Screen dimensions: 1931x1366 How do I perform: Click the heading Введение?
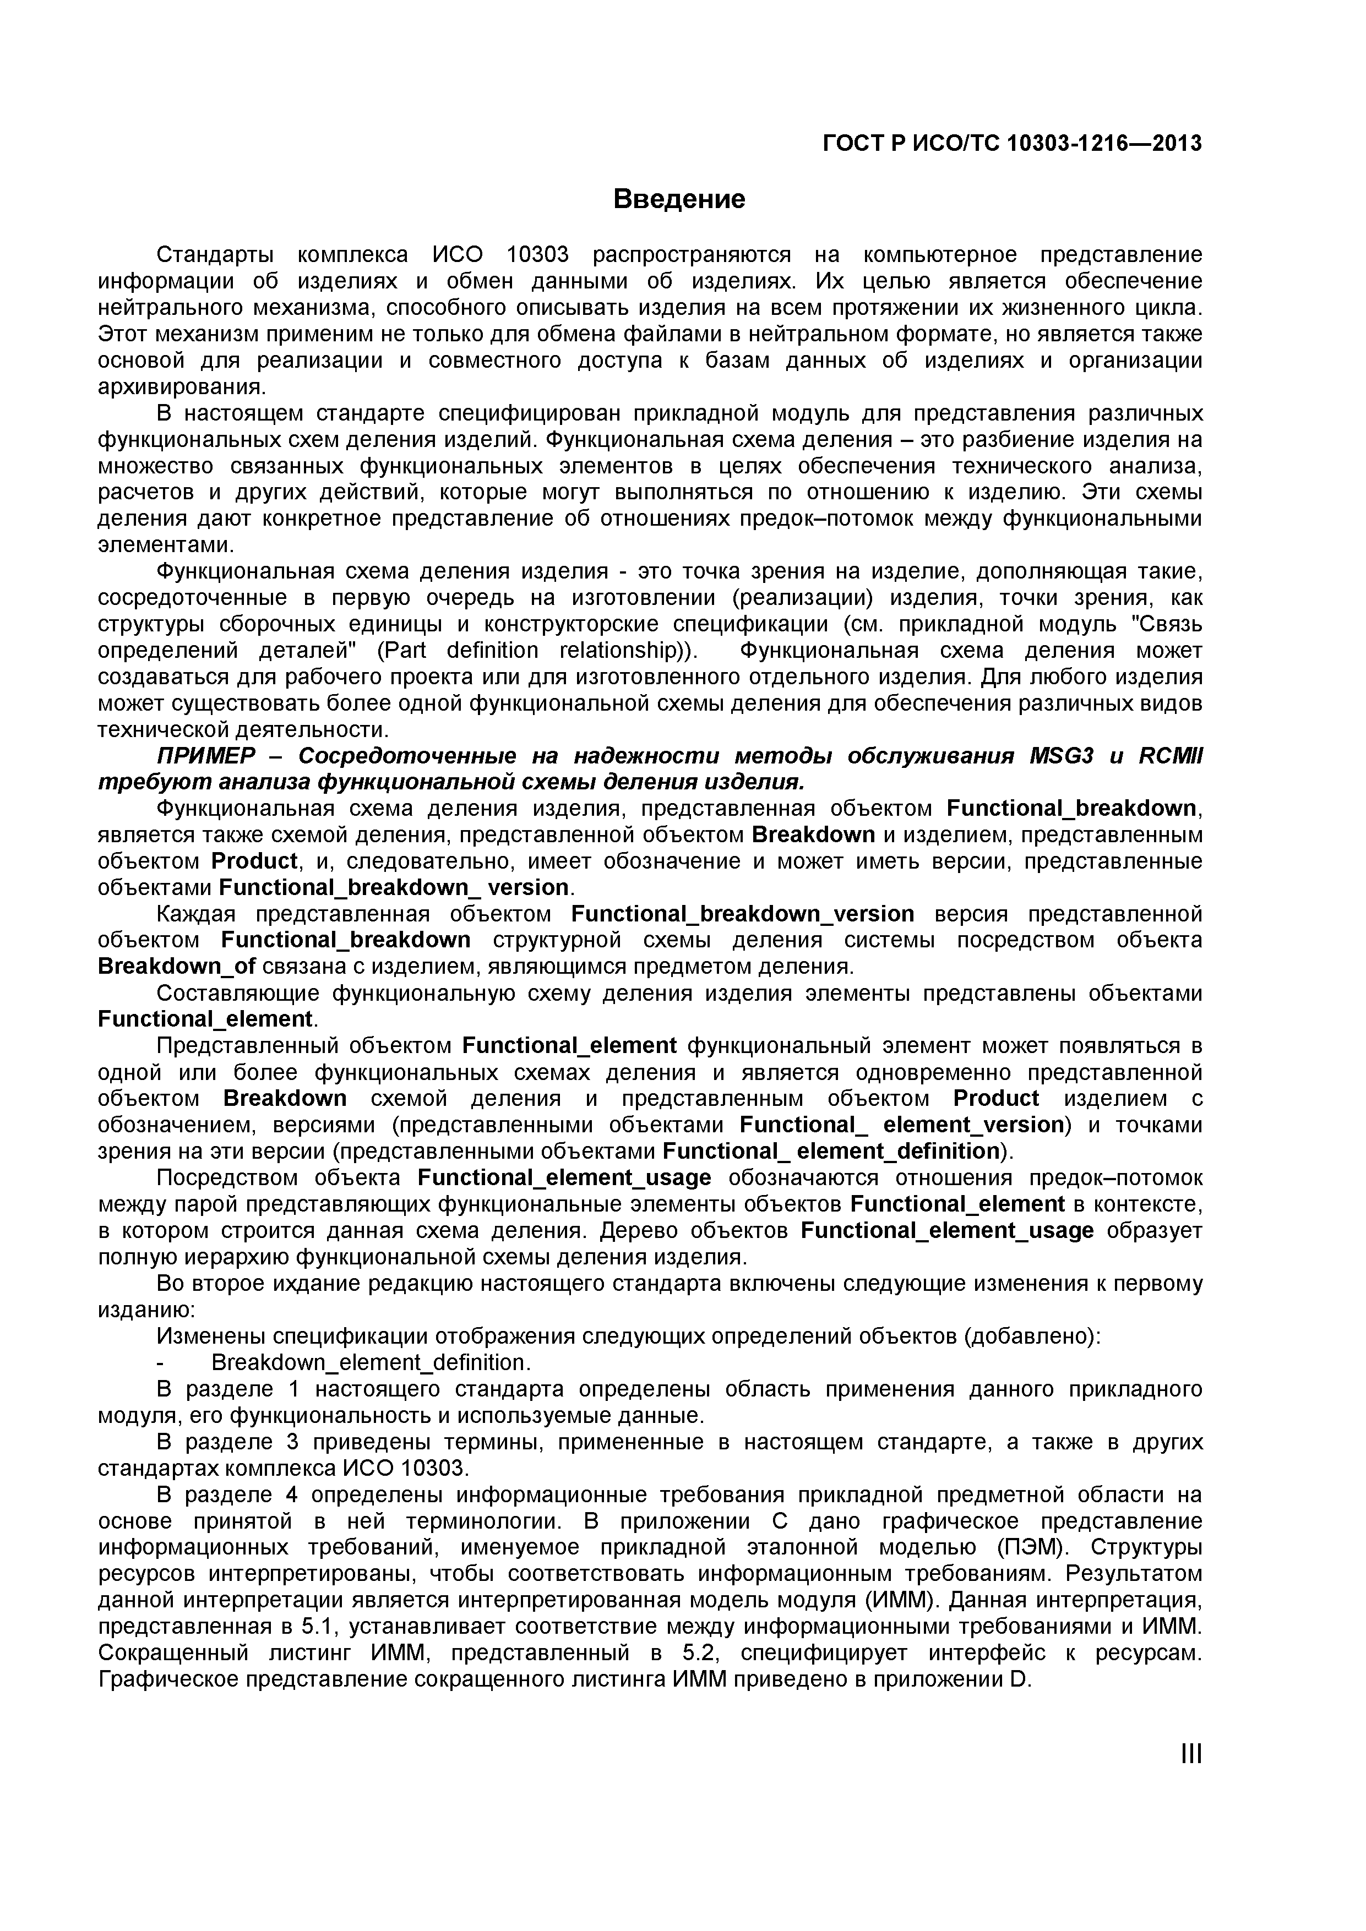tap(679, 199)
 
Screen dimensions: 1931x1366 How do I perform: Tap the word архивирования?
tap(182, 387)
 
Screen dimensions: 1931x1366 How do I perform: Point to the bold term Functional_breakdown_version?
tap(742, 913)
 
